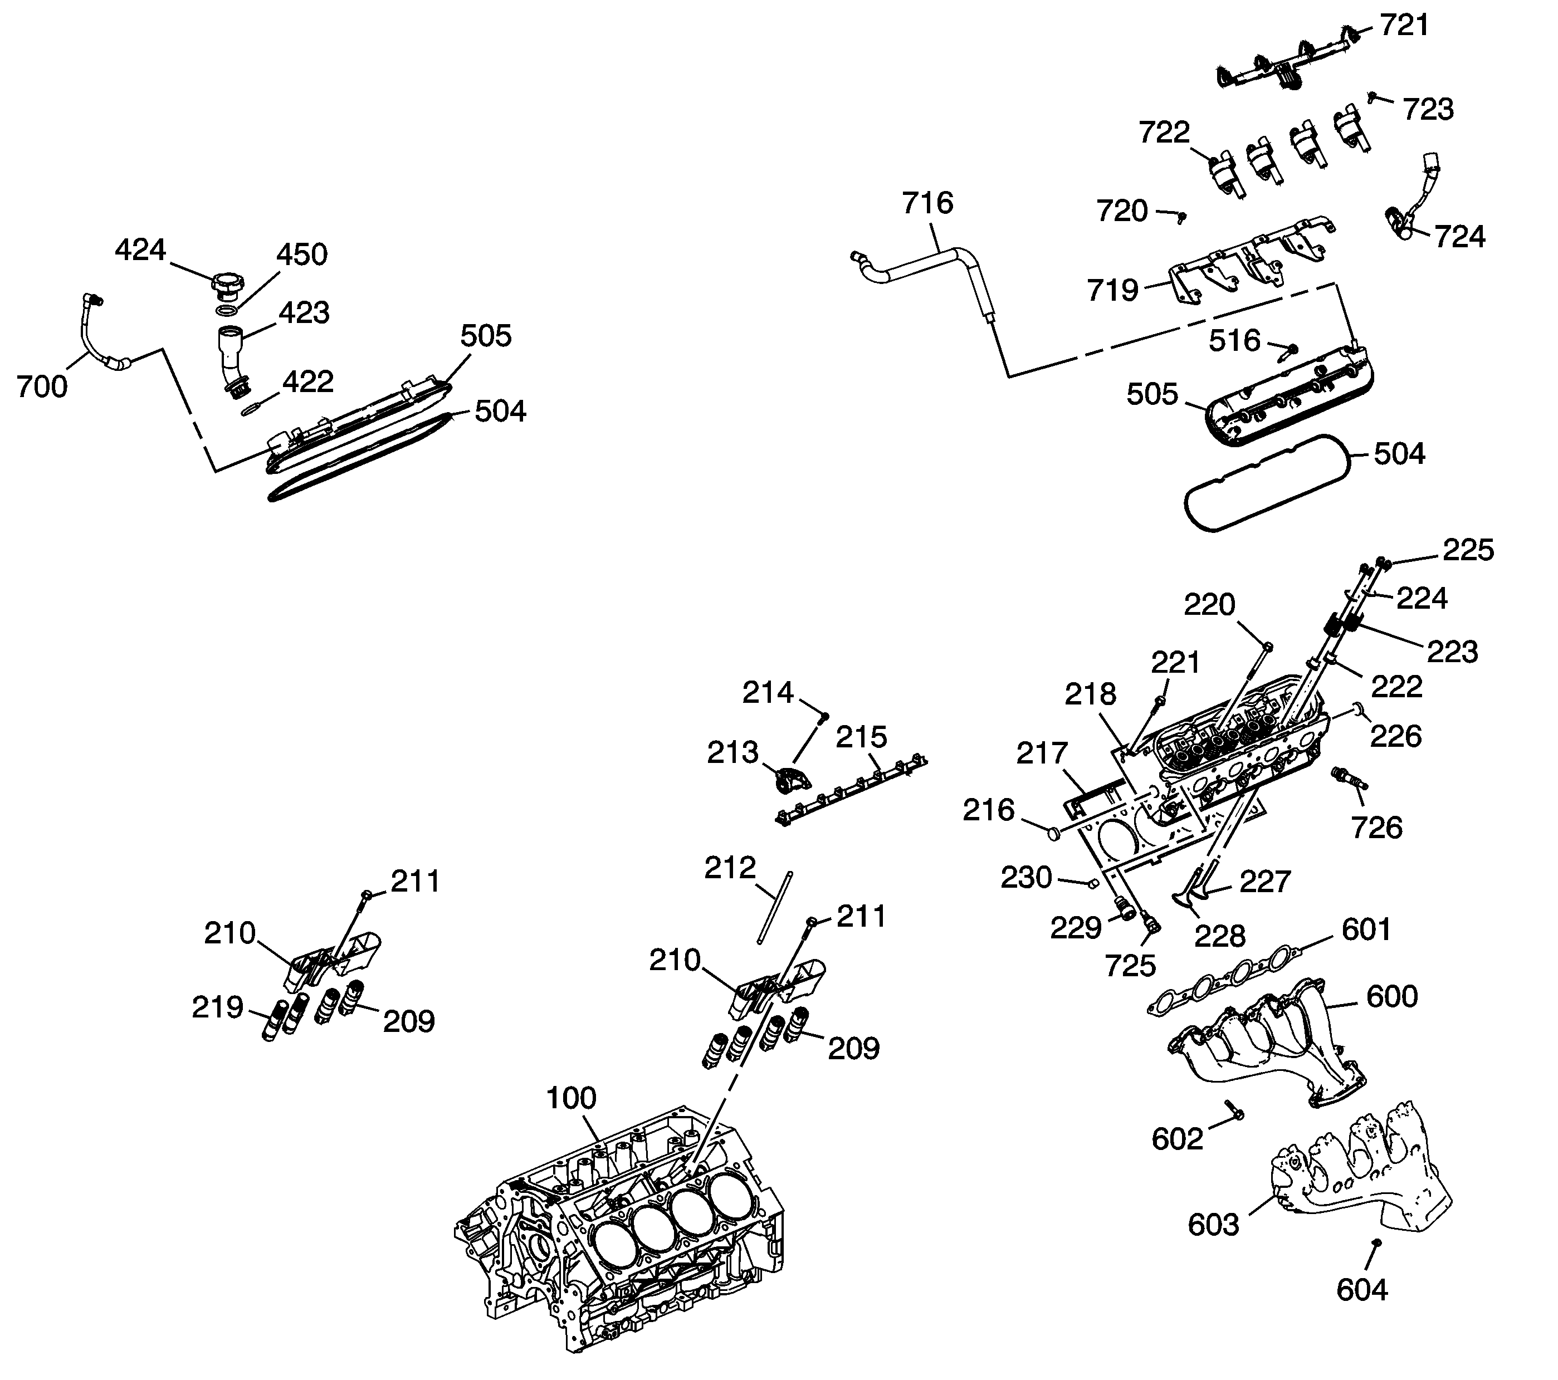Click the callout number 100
[571, 1098]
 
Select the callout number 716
[927, 203]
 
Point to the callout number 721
[1404, 26]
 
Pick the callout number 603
[1213, 1225]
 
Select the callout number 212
[730, 867]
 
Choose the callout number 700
[42, 387]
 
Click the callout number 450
[302, 255]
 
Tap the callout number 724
[1459, 237]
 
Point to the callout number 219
[217, 1007]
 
